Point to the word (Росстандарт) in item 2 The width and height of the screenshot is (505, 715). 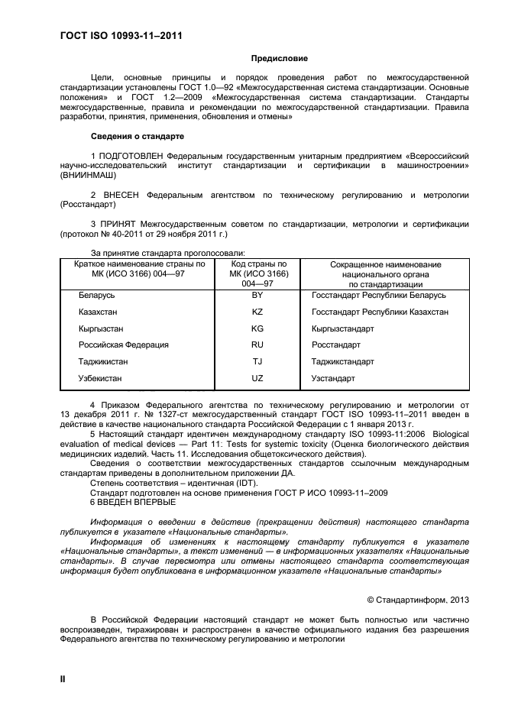pos(88,205)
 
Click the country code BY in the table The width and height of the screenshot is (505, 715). pos(257,295)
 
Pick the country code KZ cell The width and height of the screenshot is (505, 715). pos(257,312)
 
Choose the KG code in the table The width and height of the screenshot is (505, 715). pos(257,328)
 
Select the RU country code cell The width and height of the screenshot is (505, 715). pos(257,345)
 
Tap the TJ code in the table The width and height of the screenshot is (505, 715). pos(257,361)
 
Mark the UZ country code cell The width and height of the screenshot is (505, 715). pos(257,378)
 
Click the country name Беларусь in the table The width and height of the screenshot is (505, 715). pos(96,295)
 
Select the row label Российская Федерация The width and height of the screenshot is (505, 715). pos(123,345)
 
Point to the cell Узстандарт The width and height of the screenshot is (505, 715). pos(333,378)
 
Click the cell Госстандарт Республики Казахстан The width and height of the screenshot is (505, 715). pos(380,312)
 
